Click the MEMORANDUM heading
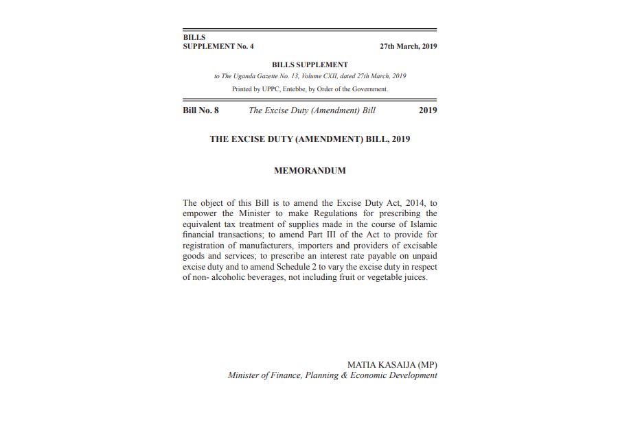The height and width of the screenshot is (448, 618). (310, 170)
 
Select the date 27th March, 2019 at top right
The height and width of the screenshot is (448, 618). (408, 47)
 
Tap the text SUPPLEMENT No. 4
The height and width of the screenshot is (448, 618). (218, 47)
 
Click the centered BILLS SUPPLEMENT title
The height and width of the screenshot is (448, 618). (310, 64)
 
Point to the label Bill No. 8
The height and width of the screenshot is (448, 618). (201, 110)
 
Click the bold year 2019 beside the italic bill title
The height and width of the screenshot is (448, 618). (428, 110)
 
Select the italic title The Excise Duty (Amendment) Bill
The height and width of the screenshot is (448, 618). (312, 110)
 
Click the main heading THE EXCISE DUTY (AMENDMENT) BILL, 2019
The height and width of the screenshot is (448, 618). (310, 139)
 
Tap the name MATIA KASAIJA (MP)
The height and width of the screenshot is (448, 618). (392, 364)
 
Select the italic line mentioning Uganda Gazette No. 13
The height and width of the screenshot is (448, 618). (310, 76)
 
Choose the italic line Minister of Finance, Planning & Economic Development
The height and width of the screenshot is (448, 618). (332, 375)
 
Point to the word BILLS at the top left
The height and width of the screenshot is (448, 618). (194, 37)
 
